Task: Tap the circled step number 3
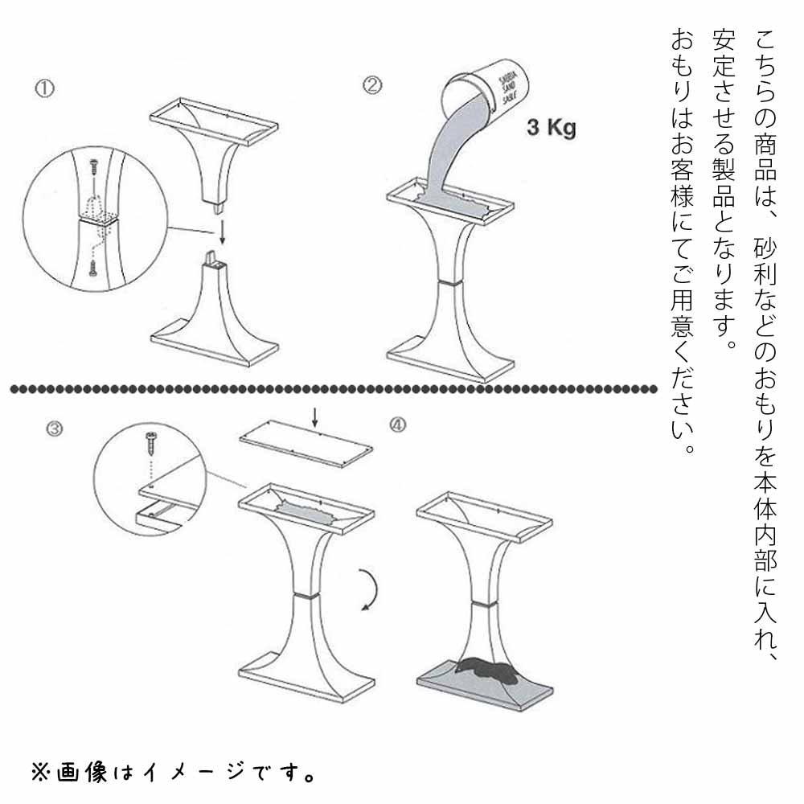tap(53, 429)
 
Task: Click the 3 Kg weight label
tap(551, 127)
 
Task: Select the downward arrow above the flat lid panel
tap(314, 416)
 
